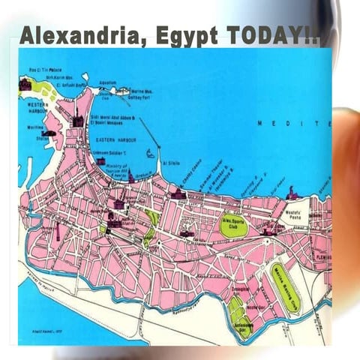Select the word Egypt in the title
[x=174, y=36]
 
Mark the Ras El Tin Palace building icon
[x=25, y=85]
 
